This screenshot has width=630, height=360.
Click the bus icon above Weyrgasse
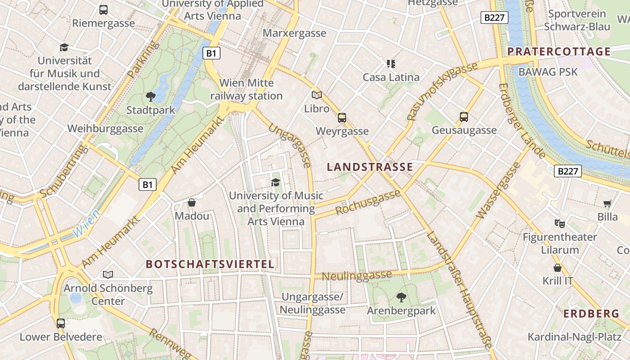pos(342,118)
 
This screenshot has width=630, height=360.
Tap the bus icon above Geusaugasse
pos(464,117)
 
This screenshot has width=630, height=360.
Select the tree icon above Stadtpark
pos(151,96)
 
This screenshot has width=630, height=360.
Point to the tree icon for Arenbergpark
pos(401,297)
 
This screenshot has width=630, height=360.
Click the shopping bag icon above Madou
pos(192,202)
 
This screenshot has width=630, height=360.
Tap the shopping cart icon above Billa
pos(607,203)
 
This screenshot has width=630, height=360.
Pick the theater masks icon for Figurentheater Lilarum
pos(560,223)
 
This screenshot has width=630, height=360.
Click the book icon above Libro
pos(317,95)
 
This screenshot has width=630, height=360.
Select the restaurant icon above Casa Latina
pos(391,63)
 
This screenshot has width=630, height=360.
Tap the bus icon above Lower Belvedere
pos(61,323)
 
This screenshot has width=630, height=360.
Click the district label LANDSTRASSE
pos(370,167)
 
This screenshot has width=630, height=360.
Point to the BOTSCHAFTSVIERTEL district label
pos(210,264)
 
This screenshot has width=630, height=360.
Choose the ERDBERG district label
pos(591,314)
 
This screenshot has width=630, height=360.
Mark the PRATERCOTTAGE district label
pos(559,51)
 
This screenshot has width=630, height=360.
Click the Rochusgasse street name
pos(368,202)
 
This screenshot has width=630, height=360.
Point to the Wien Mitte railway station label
pos(246,90)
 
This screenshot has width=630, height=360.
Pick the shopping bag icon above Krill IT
pos(558,268)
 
